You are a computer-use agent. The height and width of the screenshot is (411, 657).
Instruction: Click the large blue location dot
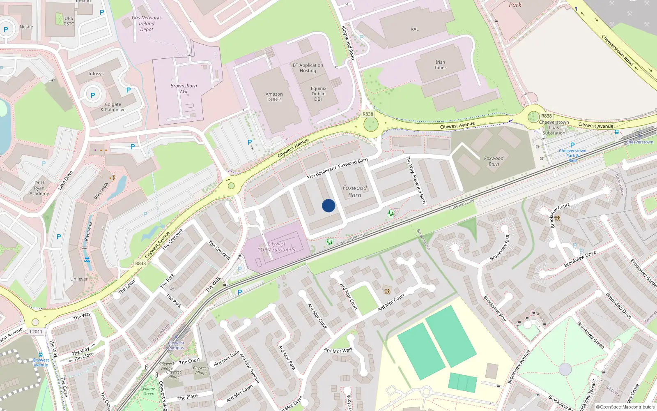pos(328,205)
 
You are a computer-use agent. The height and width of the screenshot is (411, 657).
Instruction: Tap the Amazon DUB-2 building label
pos(274,97)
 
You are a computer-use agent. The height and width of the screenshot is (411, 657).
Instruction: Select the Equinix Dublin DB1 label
pos(319,94)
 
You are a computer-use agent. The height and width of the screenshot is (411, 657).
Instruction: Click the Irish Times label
pos(440,65)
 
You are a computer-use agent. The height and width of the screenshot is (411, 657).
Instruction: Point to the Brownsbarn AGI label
pos(184,89)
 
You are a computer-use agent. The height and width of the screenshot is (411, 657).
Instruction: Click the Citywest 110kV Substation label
pos(276,247)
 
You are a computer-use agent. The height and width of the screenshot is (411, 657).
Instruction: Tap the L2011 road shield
pos(36,332)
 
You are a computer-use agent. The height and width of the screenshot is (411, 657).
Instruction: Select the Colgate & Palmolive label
pos(113,107)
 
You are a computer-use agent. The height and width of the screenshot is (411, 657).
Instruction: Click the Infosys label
pos(96,74)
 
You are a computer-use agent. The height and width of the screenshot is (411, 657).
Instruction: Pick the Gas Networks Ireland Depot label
pos(147,23)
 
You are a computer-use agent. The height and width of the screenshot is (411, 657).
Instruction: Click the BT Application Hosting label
pos(308,68)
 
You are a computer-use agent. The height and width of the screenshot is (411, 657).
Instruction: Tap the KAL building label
pos(415,29)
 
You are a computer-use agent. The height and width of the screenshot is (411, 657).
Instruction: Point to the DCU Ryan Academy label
pos(39,188)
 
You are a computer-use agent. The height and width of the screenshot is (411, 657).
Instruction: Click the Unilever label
pos(79,279)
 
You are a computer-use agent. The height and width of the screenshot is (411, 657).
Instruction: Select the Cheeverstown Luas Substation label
pos(554,127)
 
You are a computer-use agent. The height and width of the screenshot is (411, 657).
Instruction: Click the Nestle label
pos(26,27)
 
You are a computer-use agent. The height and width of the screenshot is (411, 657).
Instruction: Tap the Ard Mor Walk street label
pos(338,351)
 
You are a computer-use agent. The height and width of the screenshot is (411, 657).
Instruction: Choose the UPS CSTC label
pos(69,21)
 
